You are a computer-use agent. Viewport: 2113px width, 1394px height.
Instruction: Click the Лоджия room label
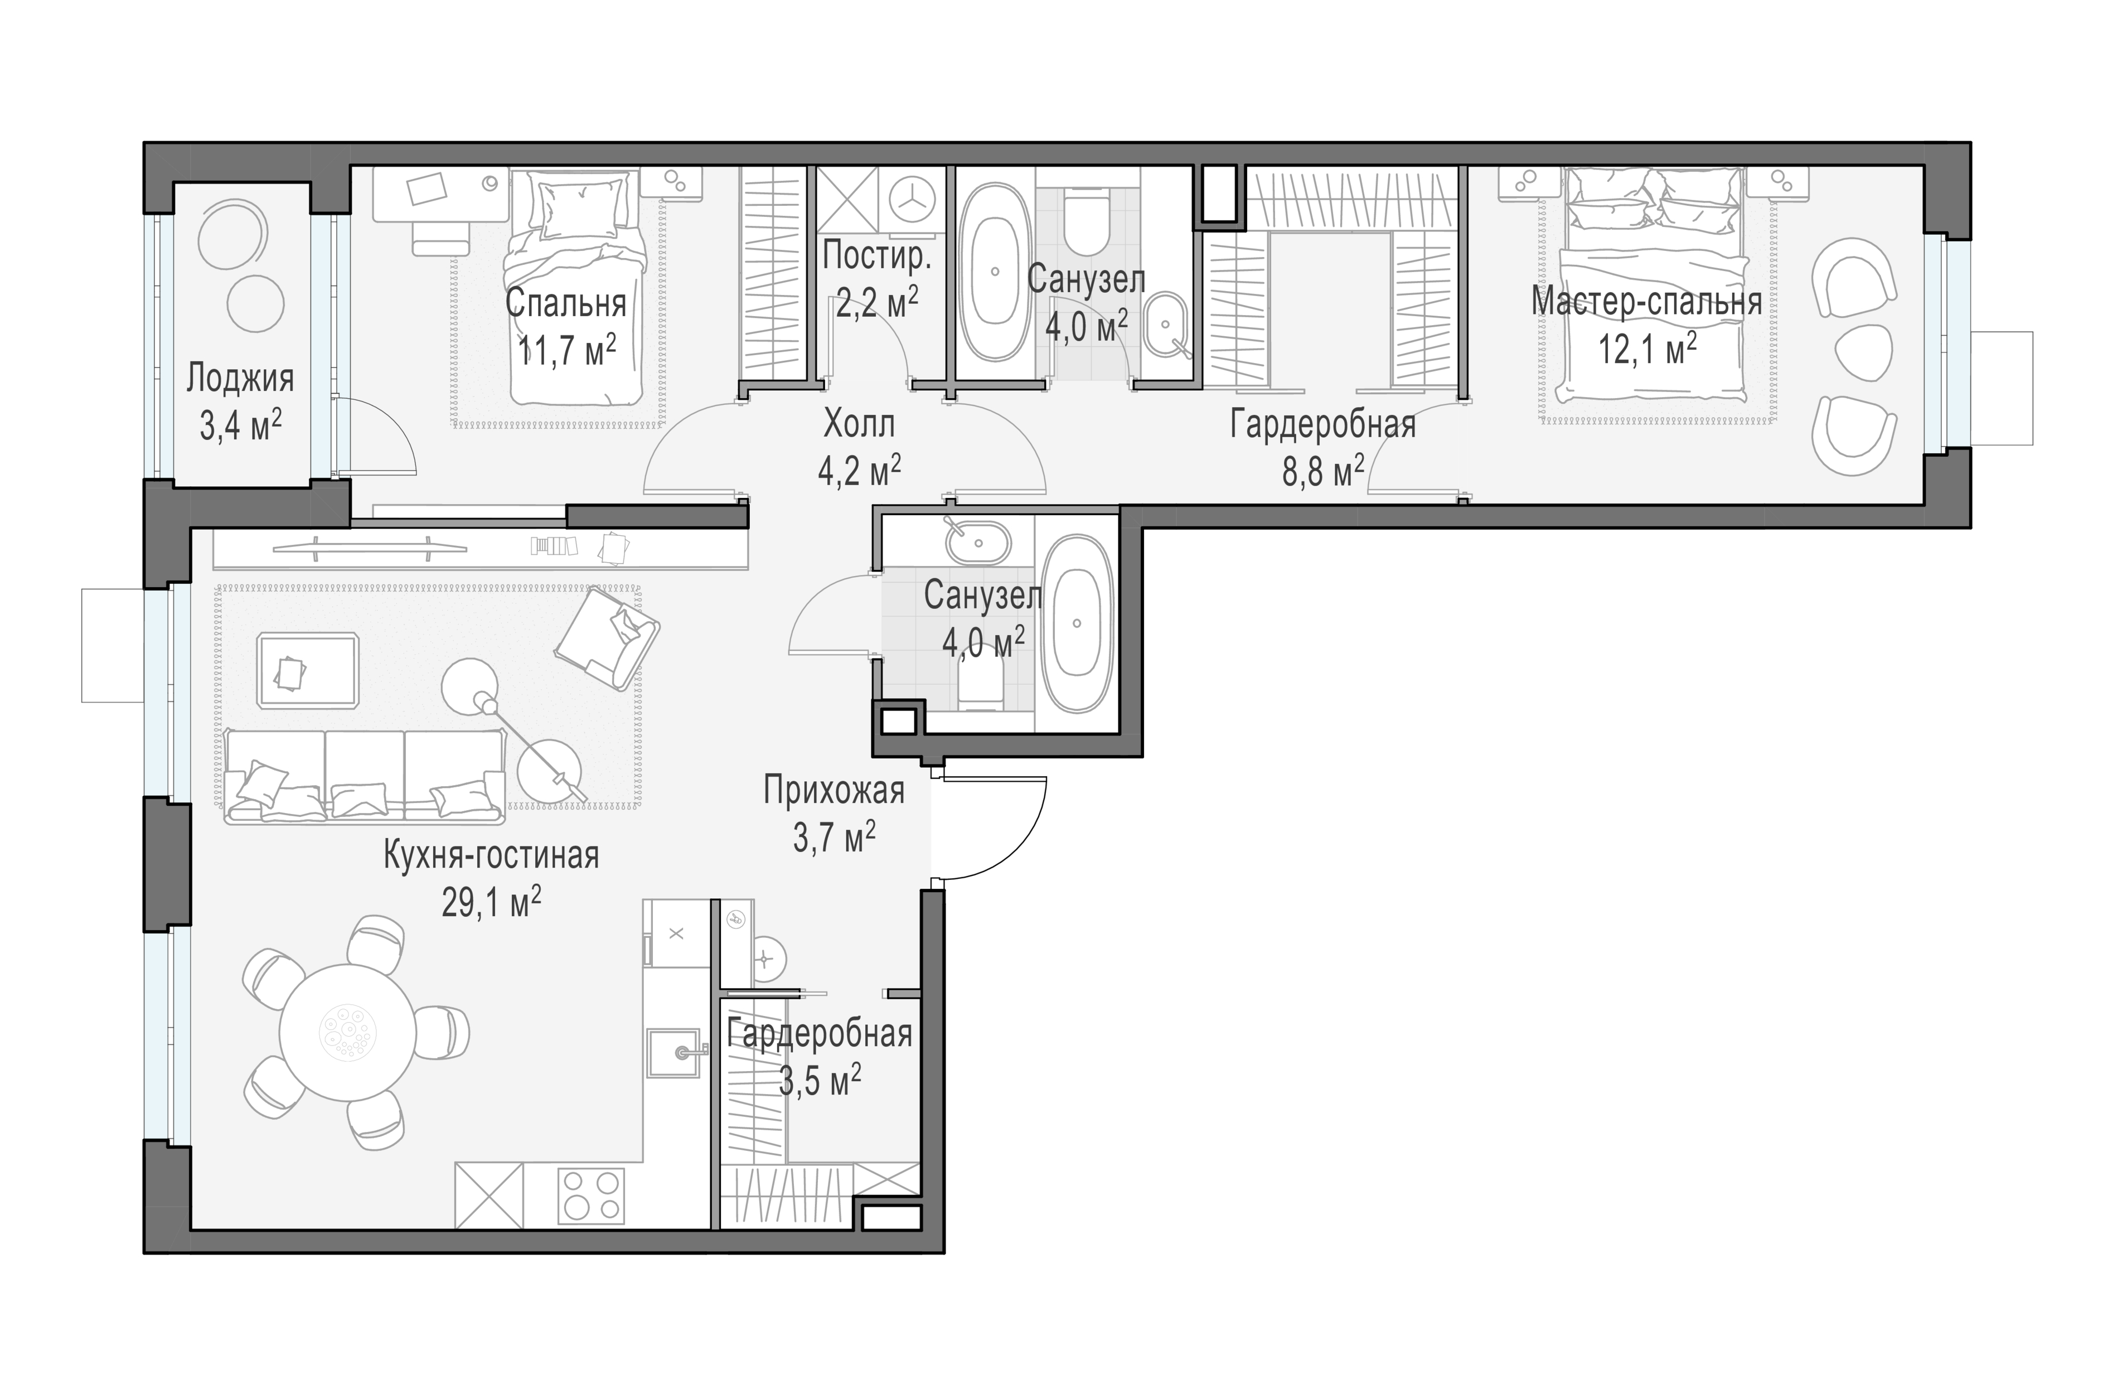pos(240,380)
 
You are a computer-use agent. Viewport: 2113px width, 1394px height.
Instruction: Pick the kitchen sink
pos(677,1053)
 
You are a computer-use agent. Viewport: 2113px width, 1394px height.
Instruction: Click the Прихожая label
pos(834,790)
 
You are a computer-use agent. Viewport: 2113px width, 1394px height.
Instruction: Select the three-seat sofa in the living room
pos(365,775)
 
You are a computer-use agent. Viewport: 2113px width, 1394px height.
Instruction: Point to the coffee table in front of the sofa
pos(308,670)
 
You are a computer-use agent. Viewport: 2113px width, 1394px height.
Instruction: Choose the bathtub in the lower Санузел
pos(1077,623)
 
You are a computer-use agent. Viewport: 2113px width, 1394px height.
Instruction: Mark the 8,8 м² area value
pos(1323,473)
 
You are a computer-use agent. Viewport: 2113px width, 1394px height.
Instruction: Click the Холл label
pos(859,425)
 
